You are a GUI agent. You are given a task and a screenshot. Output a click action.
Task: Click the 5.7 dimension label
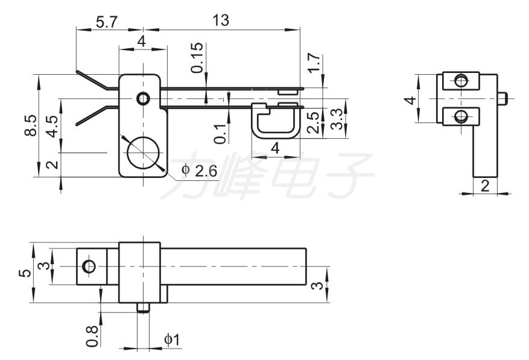pos(106,22)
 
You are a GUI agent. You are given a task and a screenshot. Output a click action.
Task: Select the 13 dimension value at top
pos(221,21)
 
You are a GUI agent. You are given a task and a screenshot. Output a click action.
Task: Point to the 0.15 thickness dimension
pos(197,58)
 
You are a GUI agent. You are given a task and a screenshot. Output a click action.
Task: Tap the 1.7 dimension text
pos(314,63)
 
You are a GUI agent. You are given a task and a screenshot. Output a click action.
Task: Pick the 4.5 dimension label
pos(53,127)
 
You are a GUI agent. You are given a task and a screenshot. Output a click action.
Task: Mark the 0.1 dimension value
pos(220,134)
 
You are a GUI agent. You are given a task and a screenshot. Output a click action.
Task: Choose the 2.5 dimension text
pos(314,123)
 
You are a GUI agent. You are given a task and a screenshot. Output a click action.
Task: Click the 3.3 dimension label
pos(337,119)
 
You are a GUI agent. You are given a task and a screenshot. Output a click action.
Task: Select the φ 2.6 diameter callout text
pos(199,171)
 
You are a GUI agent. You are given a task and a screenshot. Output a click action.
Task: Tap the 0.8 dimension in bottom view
pos(92,336)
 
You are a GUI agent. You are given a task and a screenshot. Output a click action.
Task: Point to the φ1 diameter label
pos(172,339)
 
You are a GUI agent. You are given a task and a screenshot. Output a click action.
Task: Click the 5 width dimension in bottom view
pos(25,273)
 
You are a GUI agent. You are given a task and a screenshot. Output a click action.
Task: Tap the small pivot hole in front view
pos(143,98)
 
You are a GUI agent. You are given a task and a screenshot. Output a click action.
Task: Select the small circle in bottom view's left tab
pos(89,266)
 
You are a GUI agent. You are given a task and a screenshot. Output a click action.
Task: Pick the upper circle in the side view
pos(460,81)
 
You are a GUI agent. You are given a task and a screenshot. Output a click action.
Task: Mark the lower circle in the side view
pos(460,117)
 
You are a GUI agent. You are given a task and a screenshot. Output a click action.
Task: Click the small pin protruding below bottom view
pos(143,308)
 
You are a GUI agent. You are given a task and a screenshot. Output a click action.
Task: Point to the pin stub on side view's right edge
pos(502,98)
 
